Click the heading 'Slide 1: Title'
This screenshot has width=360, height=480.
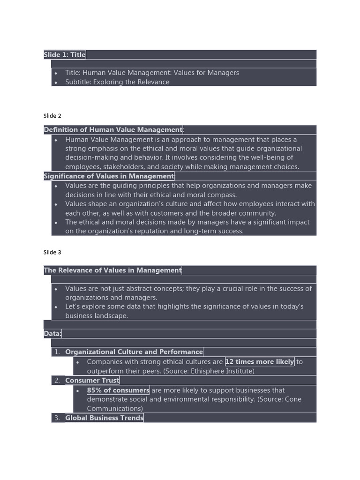point(65,55)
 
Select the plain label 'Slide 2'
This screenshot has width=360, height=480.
point(52,116)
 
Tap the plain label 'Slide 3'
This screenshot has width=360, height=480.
point(52,252)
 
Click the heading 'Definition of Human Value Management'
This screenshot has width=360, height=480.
point(113,130)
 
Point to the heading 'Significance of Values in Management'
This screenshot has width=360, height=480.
point(109,176)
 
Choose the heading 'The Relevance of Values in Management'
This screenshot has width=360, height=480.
point(112,270)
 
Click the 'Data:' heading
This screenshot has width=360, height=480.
point(52,334)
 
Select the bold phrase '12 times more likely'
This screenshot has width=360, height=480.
point(260,362)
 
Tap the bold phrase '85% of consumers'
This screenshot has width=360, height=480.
point(118,390)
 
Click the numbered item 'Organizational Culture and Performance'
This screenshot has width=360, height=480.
point(134,352)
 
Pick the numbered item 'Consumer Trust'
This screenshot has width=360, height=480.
point(92,380)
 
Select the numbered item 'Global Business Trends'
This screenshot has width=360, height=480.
point(104,418)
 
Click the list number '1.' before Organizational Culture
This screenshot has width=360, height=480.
point(57,352)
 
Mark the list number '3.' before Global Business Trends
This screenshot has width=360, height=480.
point(57,418)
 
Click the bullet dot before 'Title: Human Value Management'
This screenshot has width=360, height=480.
point(56,73)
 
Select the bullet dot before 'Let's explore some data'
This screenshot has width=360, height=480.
point(56,307)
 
